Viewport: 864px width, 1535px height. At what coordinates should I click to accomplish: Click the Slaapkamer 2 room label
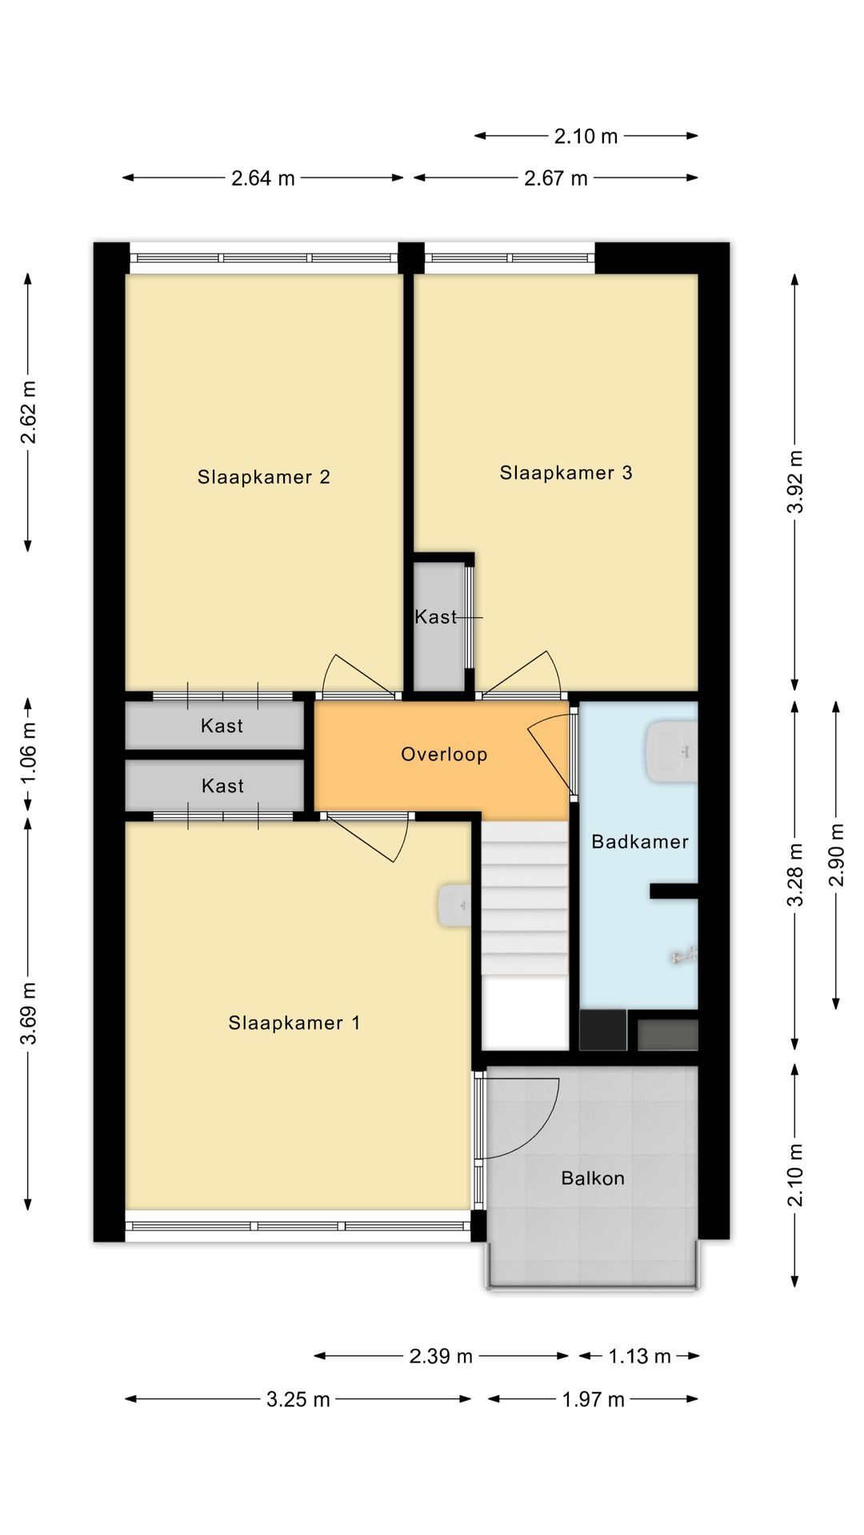(263, 477)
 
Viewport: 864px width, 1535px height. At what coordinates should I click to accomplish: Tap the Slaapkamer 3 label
(566, 473)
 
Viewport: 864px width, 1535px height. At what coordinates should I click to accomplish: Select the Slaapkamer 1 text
(294, 1023)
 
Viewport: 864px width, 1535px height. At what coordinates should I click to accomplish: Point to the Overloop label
(444, 755)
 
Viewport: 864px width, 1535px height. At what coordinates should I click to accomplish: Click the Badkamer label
(640, 841)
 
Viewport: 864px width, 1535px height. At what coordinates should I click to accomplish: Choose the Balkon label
(593, 1178)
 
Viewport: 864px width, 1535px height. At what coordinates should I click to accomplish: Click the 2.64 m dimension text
(263, 178)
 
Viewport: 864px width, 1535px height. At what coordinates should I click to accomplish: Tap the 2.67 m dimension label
(556, 178)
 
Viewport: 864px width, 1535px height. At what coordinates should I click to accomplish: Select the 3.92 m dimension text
(794, 482)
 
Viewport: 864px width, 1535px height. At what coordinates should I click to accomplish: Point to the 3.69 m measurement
(29, 1014)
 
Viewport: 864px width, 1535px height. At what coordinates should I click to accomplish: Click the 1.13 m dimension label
(639, 1356)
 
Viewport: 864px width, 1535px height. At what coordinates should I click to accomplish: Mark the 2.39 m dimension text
(441, 1356)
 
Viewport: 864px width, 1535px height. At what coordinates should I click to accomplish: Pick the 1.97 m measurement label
(593, 1399)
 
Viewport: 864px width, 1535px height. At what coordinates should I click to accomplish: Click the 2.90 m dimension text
(836, 855)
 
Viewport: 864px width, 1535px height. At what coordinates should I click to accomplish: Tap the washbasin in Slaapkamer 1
(454, 906)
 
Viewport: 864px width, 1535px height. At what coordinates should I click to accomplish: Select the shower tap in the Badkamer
(685, 954)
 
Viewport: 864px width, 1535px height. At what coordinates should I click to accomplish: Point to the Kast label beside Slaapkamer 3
(436, 617)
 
